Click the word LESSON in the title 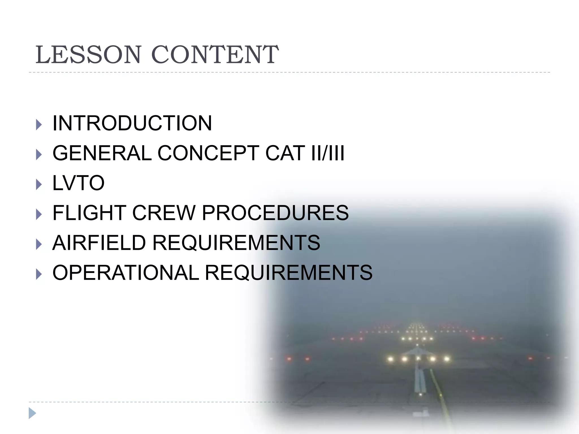[88, 55]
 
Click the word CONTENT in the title [215, 55]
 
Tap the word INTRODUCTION [132, 123]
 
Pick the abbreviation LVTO [79, 183]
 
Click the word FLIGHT [89, 213]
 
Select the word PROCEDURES [275, 213]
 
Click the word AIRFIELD [99, 243]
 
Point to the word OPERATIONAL [126, 273]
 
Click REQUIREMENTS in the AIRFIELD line [236, 243]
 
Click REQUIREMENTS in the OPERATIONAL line [289, 273]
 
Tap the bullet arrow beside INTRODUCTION [39, 125]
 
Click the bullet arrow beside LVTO [39, 185]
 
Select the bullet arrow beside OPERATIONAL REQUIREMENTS [39, 274]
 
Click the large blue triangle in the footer [32, 413]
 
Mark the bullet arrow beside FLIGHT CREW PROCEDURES [39, 214]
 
